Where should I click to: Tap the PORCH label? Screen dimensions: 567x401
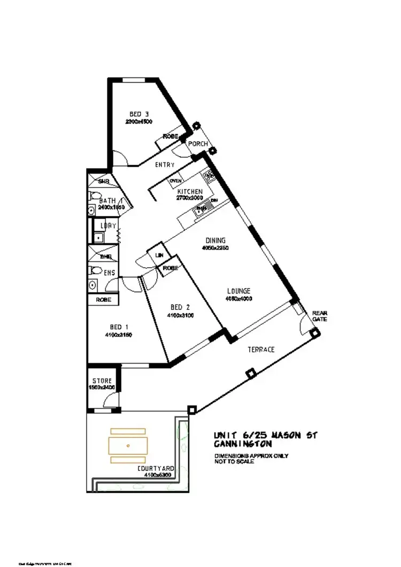(197, 144)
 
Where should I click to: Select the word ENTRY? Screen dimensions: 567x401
(165, 165)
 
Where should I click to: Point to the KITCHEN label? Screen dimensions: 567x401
(190, 191)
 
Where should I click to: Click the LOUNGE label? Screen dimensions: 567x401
(238, 291)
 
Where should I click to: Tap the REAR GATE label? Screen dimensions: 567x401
(319, 316)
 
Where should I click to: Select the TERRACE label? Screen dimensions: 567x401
(261, 349)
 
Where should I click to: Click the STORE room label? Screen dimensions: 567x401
(102, 381)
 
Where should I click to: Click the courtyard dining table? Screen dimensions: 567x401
(128, 445)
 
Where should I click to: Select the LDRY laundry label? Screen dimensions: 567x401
(109, 226)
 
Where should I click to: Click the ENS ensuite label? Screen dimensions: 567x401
(109, 273)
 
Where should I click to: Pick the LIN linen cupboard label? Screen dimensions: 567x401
(159, 256)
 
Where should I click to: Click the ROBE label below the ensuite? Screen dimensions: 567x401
(103, 300)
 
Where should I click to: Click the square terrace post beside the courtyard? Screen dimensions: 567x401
(192, 410)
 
